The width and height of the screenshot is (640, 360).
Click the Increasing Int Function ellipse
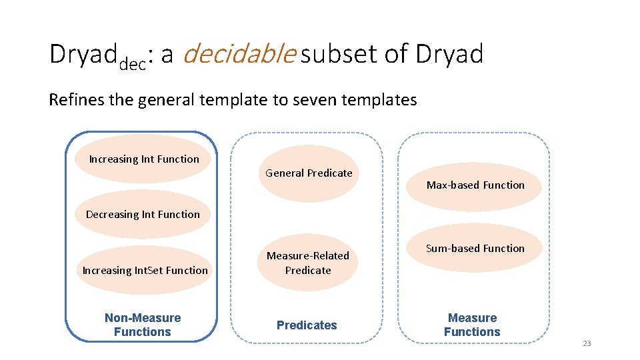pyautogui.click(x=144, y=159)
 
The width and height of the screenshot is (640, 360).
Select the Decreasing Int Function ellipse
pyautogui.click(x=143, y=215)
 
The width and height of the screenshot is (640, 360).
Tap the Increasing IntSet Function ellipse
pyautogui.click(x=145, y=270)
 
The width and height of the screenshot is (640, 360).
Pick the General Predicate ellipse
pyautogui.click(x=309, y=173)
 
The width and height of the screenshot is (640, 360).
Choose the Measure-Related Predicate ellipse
pyautogui.click(x=308, y=263)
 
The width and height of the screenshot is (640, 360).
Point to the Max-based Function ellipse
pyautogui.click(x=475, y=185)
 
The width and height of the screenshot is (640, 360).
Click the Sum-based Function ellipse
pyautogui.click(x=475, y=249)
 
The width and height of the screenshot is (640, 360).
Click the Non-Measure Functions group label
pyautogui.click(x=143, y=325)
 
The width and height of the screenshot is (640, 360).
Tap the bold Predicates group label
pyautogui.click(x=307, y=325)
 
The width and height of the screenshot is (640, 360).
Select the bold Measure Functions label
pyautogui.click(x=472, y=325)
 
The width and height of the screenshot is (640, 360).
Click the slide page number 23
pyautogui.click(x=587, y=343)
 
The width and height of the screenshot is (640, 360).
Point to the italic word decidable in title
pyautogui.click(x=238, y=55)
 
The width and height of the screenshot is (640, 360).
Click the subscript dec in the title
pyautogui.click(x=133, y=64)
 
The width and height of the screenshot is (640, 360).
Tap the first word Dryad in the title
pyautogui.click(x=83, y=55)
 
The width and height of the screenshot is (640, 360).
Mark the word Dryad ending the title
pyautogui.click(x=449, y=55)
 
